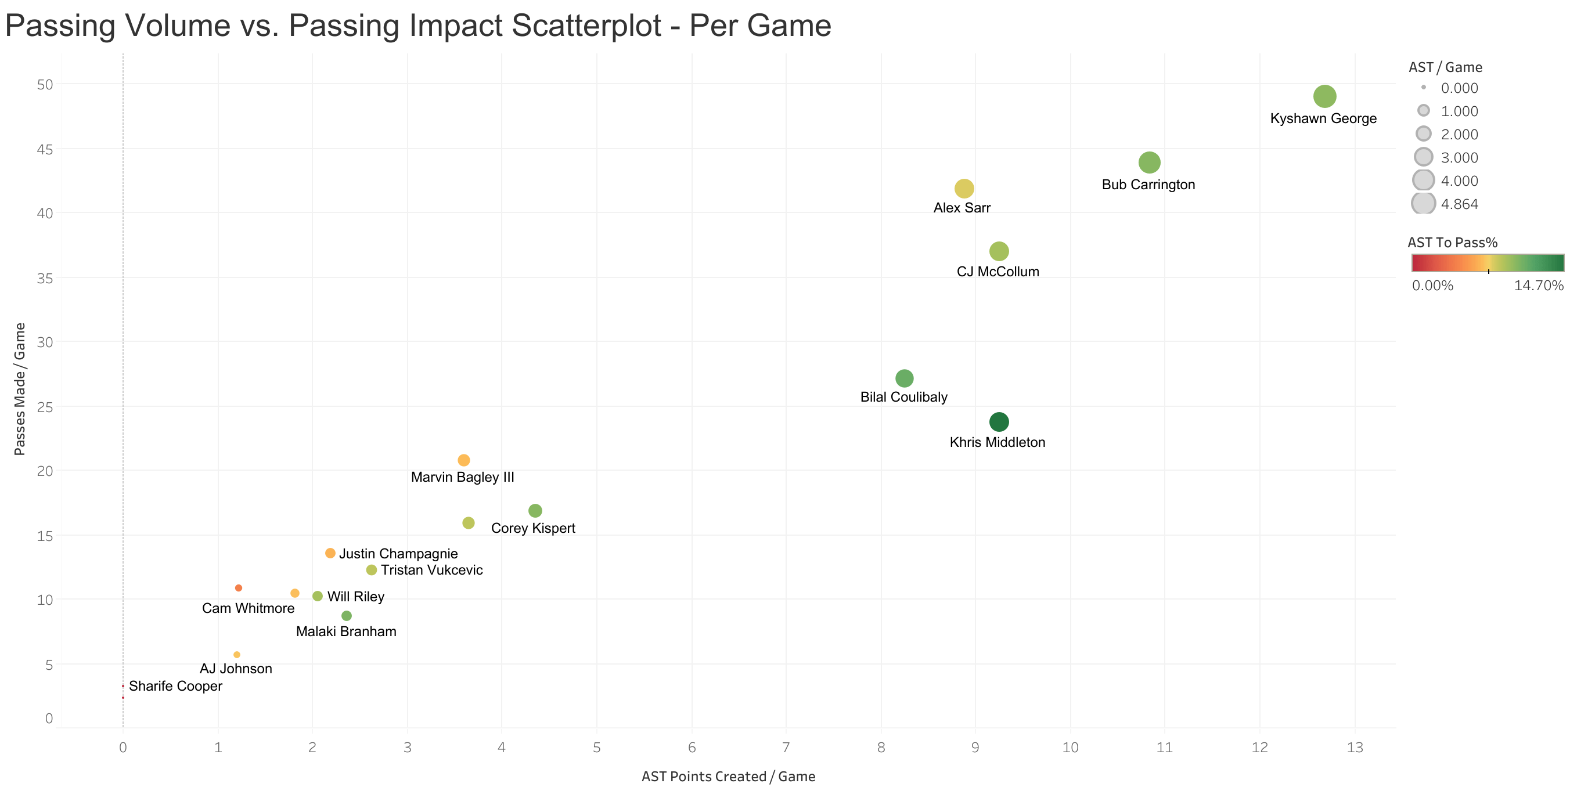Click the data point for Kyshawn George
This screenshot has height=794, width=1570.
(x=1324, y=96)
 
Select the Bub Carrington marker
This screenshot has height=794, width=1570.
(x=1149, y=163)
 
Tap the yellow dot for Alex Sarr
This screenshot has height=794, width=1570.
(x=964, y=189)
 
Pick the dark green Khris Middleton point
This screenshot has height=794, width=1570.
(x=999, y=422)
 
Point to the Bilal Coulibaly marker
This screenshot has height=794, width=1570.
(x=905, y=378)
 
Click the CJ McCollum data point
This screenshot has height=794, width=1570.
(x=999, y=251)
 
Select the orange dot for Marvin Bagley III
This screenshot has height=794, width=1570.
(x=464, y=460)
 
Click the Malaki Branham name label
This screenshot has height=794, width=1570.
(x=346, y=632)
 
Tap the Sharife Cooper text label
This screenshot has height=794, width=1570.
(x=175, y=686)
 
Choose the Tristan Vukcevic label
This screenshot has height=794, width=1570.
(x=431, y=571)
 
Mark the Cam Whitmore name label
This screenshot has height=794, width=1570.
(x=248, y=609)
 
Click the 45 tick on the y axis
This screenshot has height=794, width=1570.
(x=45, y=149)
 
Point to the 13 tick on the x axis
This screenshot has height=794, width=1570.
(x=1354, y=748)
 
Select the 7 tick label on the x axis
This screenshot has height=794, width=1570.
(x=786, y=748)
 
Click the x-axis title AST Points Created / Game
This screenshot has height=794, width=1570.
(x=728, y=777)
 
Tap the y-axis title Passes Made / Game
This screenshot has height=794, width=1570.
(x=20, y=389)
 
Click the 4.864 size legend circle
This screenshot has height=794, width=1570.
(x=1423, y=204)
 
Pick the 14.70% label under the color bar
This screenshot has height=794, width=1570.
(x=1538, y=286)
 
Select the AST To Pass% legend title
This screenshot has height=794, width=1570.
(x=1452, y=243)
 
